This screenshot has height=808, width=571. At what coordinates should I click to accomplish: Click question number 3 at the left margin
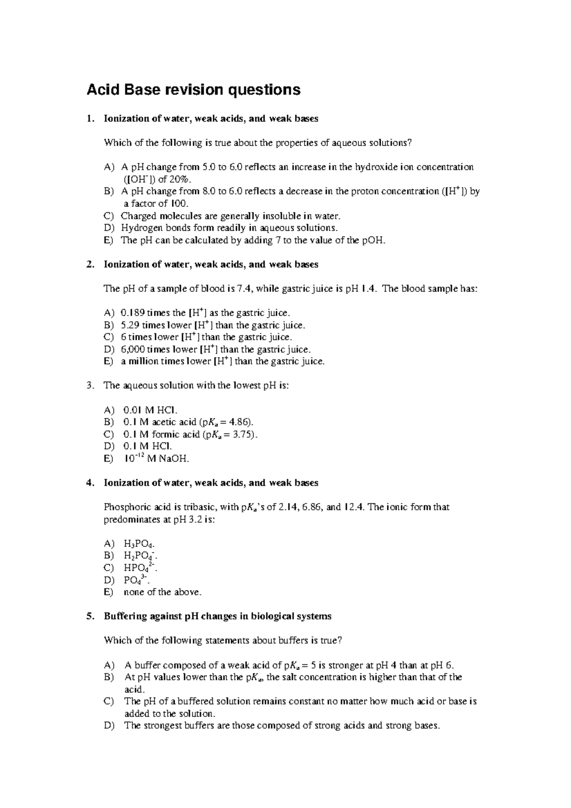[x=90, y=385]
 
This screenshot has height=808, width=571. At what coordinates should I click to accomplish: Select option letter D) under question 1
[x=108, y=228]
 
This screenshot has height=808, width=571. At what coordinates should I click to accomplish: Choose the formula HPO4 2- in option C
[x=140, y=568]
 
